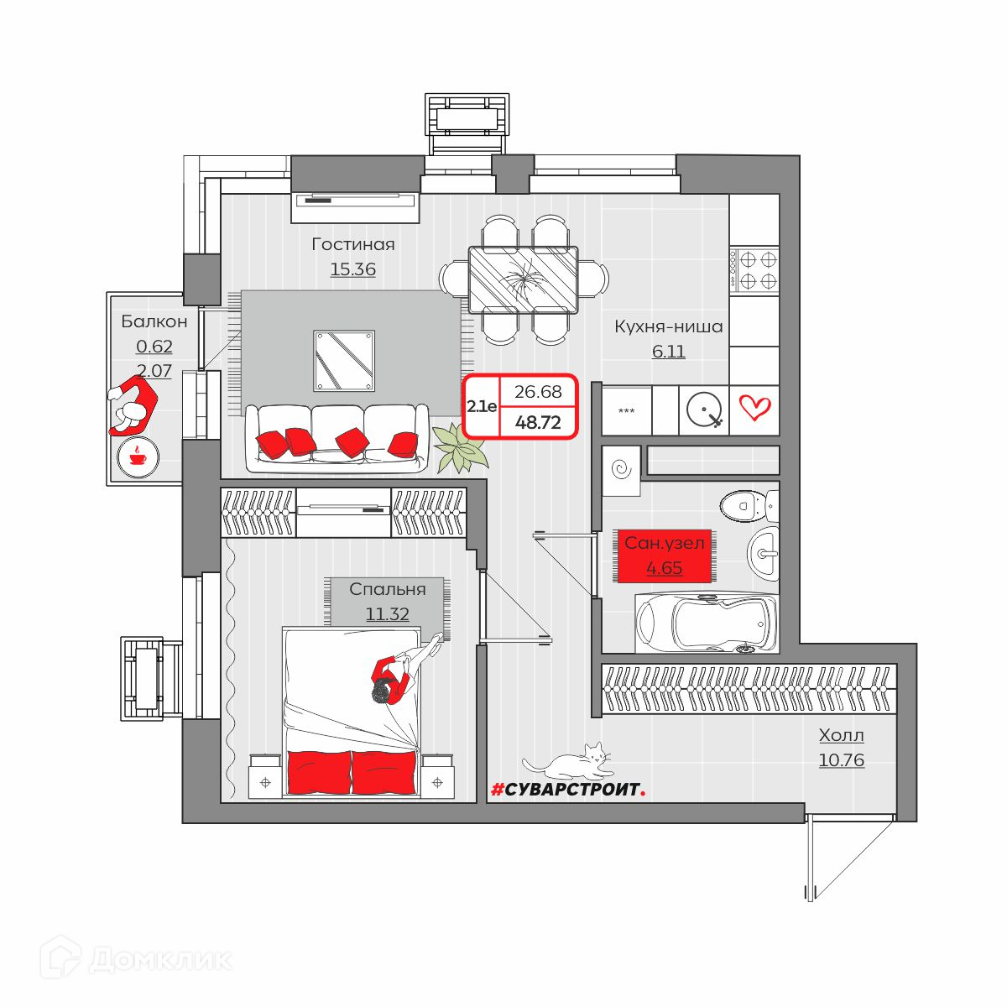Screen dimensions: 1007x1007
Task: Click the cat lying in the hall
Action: pos(567,761)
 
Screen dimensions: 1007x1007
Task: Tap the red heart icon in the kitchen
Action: pos(754,408)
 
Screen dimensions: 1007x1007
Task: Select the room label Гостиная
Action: pos(353,244)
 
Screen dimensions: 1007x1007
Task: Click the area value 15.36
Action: pos(353,269)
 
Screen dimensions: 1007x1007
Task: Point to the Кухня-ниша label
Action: pos(668,326)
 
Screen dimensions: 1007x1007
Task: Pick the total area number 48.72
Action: pos(538,422)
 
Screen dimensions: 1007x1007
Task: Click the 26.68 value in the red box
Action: pos(538,391)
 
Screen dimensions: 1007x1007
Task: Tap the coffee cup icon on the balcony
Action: pos(138,457)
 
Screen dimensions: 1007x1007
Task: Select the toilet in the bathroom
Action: pos(749,505)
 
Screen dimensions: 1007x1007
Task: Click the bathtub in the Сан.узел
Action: pos(707,622)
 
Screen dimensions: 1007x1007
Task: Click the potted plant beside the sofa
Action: pos(460,447)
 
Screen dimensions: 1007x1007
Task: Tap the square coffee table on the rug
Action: pos(344,361)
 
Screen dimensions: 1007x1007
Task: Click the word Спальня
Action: pos(387,589)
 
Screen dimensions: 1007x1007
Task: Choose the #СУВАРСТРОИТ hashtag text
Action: pos(569,790)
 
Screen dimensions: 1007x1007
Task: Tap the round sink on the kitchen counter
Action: pos(704,410)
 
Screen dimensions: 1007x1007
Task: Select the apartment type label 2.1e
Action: pos(482,406)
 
